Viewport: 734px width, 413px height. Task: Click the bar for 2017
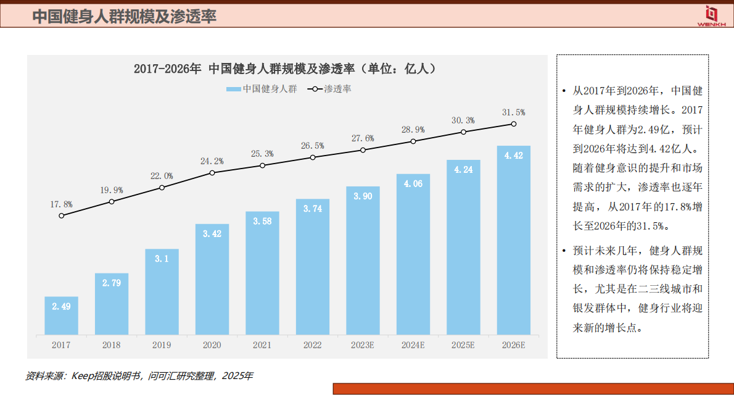[x=61, y=316]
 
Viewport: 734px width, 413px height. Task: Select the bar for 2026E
[x=513, y=241]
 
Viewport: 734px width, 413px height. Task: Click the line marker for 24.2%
[x=212, y=172]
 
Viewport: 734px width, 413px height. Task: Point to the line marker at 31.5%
[x=513, y=124]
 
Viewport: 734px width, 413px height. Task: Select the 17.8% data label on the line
[x=61, y=204]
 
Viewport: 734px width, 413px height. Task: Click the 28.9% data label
[x=413, y=130]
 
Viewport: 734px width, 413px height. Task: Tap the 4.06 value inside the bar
[x=413, y=183]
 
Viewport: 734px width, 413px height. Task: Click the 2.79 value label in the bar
[x=112, y=283]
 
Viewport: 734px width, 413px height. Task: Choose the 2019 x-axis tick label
[x=162, y=345]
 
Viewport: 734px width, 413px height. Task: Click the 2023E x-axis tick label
[x=363, y=345]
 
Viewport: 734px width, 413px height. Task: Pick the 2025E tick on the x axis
[x=463, y=345]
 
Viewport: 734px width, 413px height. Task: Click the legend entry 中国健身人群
[x=262, y=89]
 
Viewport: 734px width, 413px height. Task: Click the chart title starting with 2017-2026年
[x=287, y=69]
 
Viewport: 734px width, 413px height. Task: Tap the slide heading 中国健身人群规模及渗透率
[x=124, y=17]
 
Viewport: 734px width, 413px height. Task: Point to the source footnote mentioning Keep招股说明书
[x=139, y=376]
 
